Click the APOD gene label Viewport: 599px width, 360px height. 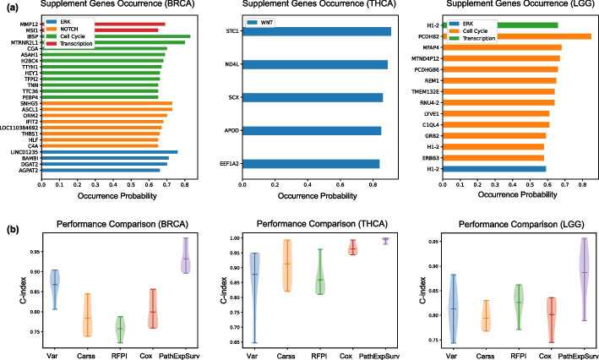(229, 131)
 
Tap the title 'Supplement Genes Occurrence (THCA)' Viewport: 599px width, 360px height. (315, 5)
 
